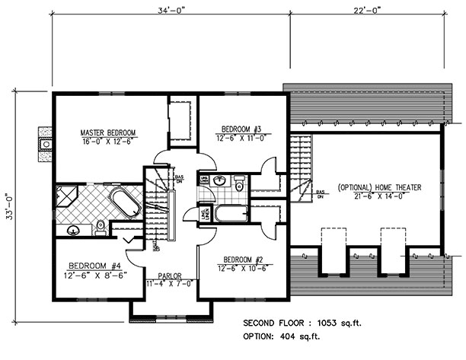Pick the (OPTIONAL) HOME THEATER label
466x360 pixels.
click(378, 186)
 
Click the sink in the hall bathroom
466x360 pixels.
click(220, 181)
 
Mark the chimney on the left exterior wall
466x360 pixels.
click(45, 141)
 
